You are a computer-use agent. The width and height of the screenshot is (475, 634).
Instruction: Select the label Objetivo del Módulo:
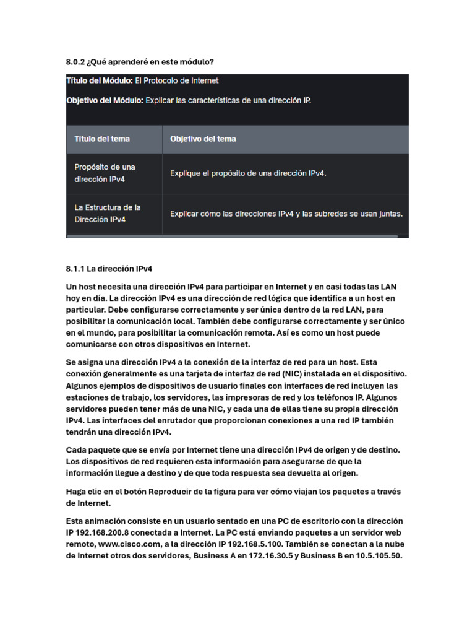tap(105, 100)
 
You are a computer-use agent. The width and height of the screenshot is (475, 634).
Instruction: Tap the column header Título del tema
tap(102, 139)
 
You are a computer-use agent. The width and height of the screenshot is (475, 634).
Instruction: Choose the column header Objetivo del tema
tap(203, 139)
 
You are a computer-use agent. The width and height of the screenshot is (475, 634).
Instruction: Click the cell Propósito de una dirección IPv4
tap(105, 173)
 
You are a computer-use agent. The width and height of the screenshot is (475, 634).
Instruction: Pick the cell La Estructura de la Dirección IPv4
tap(108, 213)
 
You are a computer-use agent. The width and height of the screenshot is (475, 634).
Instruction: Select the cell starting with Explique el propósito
tap(248, 173)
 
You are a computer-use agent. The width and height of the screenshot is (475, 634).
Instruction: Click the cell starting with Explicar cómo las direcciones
tap(286, 214)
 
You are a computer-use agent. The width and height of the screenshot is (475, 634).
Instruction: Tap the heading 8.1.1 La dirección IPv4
tap(109, 269)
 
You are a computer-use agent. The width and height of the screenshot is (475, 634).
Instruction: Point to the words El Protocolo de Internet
tap(177, 80)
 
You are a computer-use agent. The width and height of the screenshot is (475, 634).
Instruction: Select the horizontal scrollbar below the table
tap(232, 236)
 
